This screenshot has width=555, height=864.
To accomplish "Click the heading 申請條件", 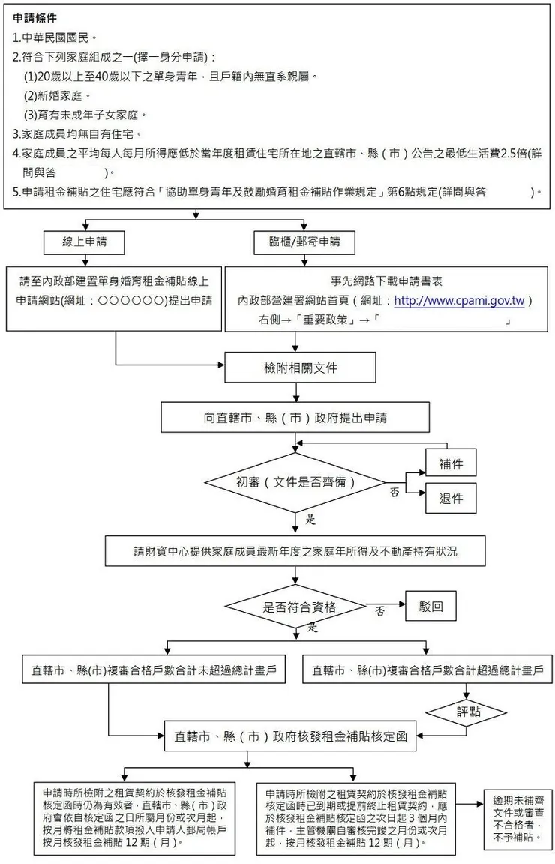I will click(35, 17).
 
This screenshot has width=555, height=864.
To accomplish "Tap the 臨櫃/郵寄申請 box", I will click(304, 241).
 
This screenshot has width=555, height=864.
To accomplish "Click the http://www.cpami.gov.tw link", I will click(458, 301).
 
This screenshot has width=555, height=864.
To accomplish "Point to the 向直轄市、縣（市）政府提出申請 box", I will click(295, 416).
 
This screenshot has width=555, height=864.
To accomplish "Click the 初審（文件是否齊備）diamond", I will click(295, 481).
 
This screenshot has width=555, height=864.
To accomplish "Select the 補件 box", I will click(451, 464).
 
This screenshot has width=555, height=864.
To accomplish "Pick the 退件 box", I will click(451, 499).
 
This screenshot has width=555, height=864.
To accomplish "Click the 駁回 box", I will click(430, 605).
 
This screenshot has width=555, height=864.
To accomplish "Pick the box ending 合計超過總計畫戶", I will click(427, 670).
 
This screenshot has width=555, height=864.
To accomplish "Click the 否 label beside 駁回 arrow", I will click(380, 611).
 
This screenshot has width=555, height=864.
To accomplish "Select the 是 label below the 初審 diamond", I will click(310, 519).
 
